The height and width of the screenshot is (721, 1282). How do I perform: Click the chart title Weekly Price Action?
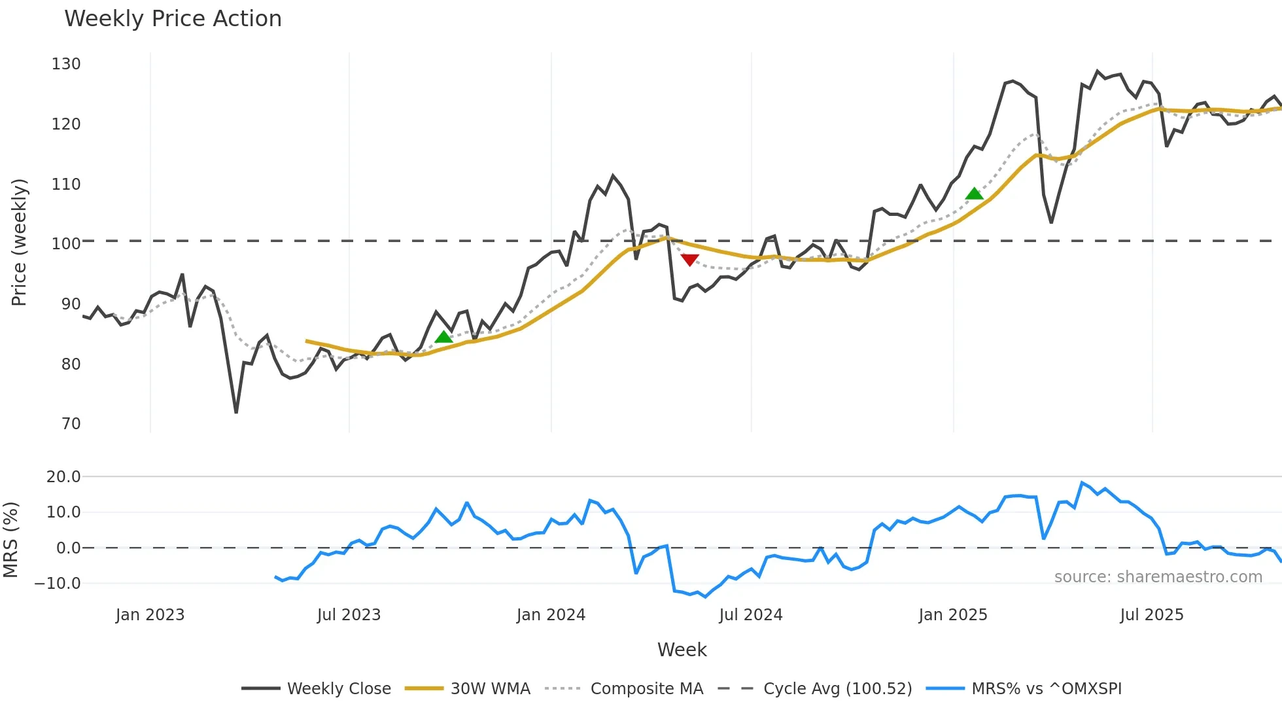pyautogui.click(x=173, y=19)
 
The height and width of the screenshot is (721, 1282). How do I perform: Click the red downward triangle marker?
pyautogui.click(x=689, y=260)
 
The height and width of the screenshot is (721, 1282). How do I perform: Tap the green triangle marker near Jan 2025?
pyautogui.click(x=974, y=194)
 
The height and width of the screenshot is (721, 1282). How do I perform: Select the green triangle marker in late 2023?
pyautogui.click(x=443, y=337)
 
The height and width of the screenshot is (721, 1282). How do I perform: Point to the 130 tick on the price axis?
pyautogui.click(x=66, y=64)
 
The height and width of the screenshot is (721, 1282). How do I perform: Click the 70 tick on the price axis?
pyautogui.click(x=71, y=424)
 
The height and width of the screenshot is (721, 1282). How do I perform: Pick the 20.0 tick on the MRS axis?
pyautogui.click(x=63, y=477)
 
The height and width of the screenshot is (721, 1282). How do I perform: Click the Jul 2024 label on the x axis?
pyautogui.click(x=750, y=615)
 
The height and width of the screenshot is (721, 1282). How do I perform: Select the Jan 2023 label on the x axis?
pyautogui.click(x=150, y=615)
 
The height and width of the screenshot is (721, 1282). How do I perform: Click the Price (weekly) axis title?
pyautogui.click(x=19, y=242)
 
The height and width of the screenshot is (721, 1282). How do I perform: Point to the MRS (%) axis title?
pyautogui.click(x=10, y=540)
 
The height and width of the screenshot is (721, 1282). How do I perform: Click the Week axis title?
pyautogui.click(x=682, y=650)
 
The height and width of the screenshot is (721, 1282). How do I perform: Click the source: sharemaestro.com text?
pyautogui.click(x=1158, y=577)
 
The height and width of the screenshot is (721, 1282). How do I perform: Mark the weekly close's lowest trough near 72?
pyautogui.click(x=236, y=412)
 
